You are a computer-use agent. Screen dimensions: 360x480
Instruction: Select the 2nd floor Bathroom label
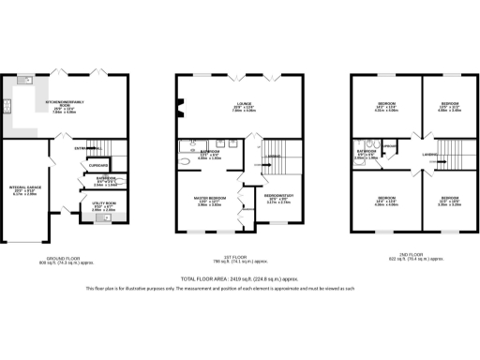(366, 154)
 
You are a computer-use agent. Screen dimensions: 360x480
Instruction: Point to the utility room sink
(97, 219)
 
